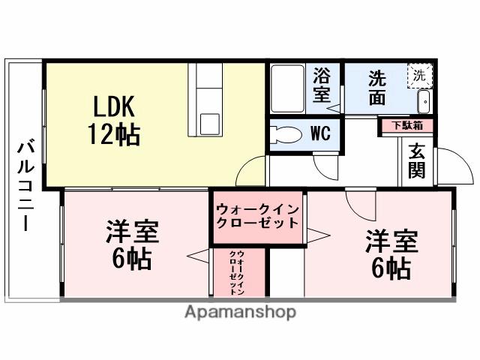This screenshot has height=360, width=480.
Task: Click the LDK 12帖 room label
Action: (x=115, y=120)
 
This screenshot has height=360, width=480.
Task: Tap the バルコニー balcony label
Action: (x=25, y=184)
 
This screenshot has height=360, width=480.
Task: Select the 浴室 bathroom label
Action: (x=322, y=85)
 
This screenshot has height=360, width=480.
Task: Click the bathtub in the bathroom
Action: (x=286, y=88)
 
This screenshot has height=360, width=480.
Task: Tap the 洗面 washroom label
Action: (x=378, y=85)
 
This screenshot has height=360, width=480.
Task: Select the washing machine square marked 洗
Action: (x=420, y=76)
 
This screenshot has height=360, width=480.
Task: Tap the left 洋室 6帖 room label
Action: (x=131, y=245)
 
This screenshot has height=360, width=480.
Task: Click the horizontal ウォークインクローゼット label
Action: (x=257, y=215)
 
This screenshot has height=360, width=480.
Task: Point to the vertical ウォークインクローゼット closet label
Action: (x=237, y=271)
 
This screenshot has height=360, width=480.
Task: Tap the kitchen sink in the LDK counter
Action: (x=205, y=123)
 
